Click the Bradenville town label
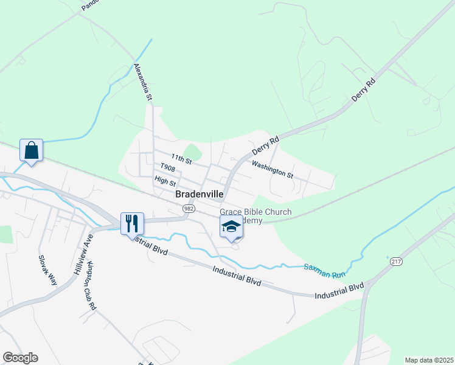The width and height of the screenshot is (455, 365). [x=199, y=195]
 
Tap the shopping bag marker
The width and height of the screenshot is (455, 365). [x=31, y=150]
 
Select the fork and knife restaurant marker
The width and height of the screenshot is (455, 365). [x=132, y=223]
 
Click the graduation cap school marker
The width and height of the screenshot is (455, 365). [x=231, y=227]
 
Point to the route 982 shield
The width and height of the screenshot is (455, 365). [x=189, y=209]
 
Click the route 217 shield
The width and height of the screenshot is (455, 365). [x=396, y=262]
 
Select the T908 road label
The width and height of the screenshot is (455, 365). [x=168, y=168]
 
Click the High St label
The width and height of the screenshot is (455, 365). [x=165, y=181]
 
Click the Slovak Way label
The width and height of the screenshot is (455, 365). [x=47, y=270]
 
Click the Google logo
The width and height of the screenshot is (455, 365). [x=20, y=358]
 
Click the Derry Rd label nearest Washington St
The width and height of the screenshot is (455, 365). [x=265, y=146]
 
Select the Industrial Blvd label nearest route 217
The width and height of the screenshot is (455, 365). [x=339, y=291]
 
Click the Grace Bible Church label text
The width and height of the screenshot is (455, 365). [x=255, y=212]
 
